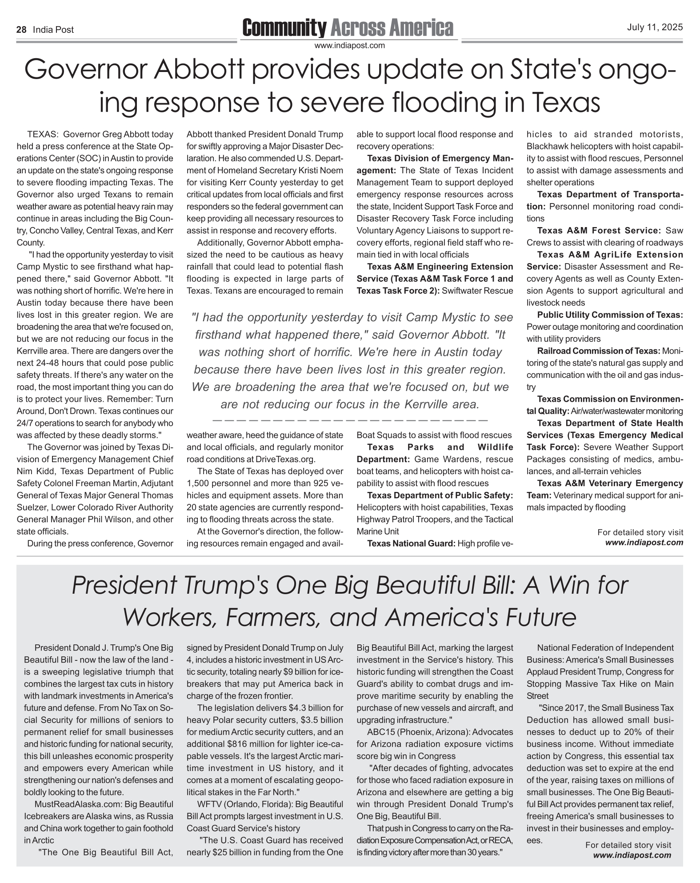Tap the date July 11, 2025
point(655,28)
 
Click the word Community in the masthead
point(284,28)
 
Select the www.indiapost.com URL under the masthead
point(349,45)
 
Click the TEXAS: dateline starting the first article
point(42,134)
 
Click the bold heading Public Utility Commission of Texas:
point(610,315)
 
